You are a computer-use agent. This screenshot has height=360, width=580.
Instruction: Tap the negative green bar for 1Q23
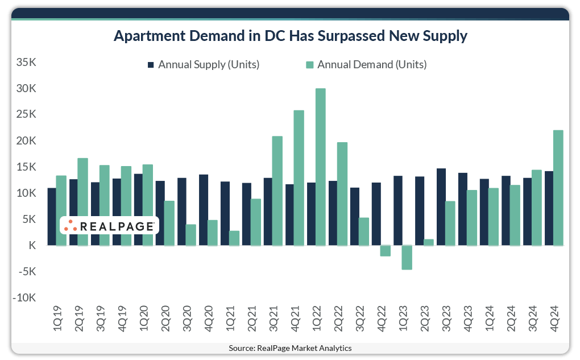click(407, 257)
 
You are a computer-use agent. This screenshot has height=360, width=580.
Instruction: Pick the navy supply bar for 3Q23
click(441, 207)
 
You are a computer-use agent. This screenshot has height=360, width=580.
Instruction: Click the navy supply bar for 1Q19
click(52, 217)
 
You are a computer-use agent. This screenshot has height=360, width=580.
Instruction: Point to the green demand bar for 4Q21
click(299, 177)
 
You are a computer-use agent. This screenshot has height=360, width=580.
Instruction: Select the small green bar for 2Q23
click(428, 242)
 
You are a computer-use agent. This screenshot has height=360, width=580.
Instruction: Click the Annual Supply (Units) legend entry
click(203, 64)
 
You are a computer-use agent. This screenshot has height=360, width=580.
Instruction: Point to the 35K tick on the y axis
click(26, 63)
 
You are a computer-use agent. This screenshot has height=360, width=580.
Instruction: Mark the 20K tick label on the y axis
click(26, 141)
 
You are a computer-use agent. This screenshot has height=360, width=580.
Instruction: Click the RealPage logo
click(109, 226)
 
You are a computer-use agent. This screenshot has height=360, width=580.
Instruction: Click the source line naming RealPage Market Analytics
click(290, 348)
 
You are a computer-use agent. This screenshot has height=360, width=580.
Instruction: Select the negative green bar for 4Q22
click(385, 251)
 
